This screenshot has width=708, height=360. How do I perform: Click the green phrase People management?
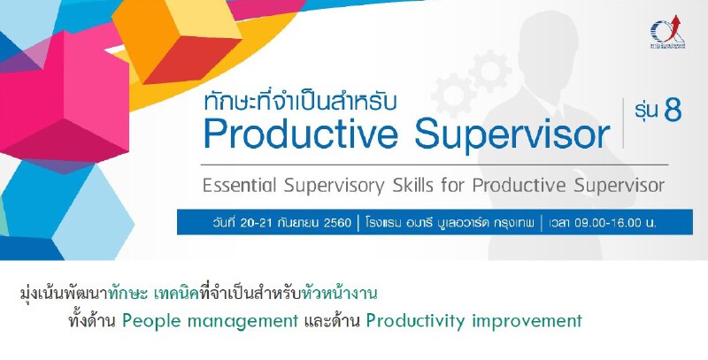[210, 320]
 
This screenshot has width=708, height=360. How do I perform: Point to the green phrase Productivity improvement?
[473, 320]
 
